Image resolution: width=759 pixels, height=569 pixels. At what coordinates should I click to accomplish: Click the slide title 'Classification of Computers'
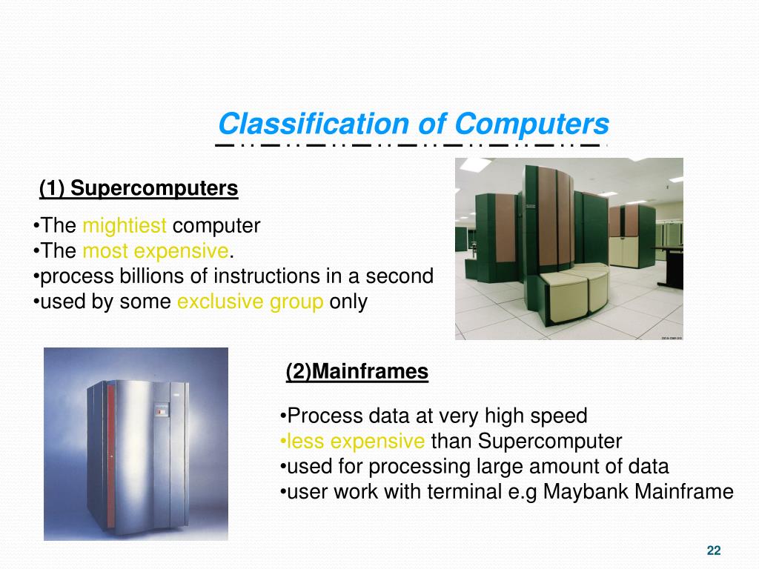(414, 123)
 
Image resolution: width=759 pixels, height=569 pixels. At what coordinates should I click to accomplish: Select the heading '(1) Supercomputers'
(139, 189)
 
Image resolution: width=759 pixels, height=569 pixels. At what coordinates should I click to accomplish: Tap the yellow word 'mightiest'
(125, 226)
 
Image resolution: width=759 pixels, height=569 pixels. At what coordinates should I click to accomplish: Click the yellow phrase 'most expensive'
(156, 251)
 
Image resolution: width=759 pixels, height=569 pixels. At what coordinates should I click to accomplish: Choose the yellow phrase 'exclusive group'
(250, 302)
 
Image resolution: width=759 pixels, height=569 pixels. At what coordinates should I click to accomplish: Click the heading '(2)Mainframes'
(357, 371)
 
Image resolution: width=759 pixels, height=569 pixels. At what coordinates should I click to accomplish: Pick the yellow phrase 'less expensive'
(353, 442)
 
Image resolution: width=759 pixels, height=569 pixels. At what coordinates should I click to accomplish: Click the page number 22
(714, 550)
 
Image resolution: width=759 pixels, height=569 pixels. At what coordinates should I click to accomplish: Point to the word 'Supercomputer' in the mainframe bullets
(550, 442)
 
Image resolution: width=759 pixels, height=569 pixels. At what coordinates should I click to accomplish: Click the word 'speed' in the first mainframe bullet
(561, 416)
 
